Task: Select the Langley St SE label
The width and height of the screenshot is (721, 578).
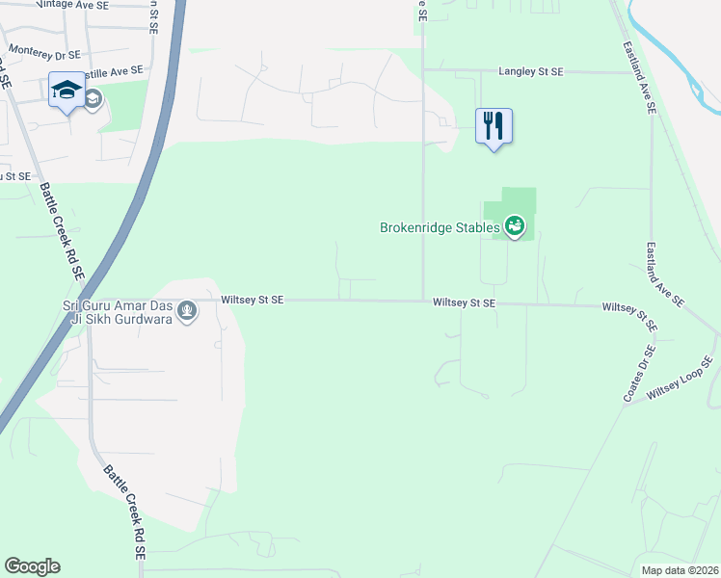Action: [x=536, y=71]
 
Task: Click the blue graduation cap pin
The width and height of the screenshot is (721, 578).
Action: [x=67, y=91]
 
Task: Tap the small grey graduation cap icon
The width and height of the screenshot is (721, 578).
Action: [x=93, y=99]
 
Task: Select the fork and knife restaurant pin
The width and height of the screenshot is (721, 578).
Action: [x=494, y=126]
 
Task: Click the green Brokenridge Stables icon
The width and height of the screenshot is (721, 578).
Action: [x=516, y=227]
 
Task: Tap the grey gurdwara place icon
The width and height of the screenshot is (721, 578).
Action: [x=187, y=311]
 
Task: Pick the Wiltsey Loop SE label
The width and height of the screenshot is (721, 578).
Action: [x=679, y=380]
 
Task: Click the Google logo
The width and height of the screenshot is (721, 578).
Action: [x=32, y=566]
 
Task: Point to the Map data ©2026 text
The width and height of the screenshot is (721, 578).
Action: [x=681, y=569]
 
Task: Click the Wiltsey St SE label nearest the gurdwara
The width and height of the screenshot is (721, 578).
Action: [x=252, y=301]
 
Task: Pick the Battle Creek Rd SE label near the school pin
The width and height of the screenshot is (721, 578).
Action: [x=63, y=230]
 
